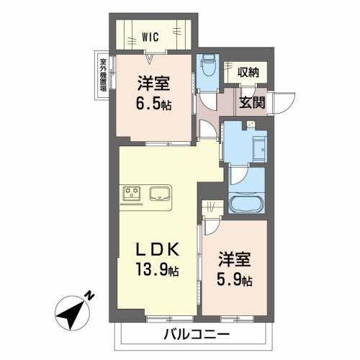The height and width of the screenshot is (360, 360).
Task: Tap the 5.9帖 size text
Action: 234,279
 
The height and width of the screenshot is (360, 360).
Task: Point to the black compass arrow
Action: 71,311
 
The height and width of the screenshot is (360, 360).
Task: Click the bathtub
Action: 247,203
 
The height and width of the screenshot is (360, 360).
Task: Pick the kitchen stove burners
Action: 131,193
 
